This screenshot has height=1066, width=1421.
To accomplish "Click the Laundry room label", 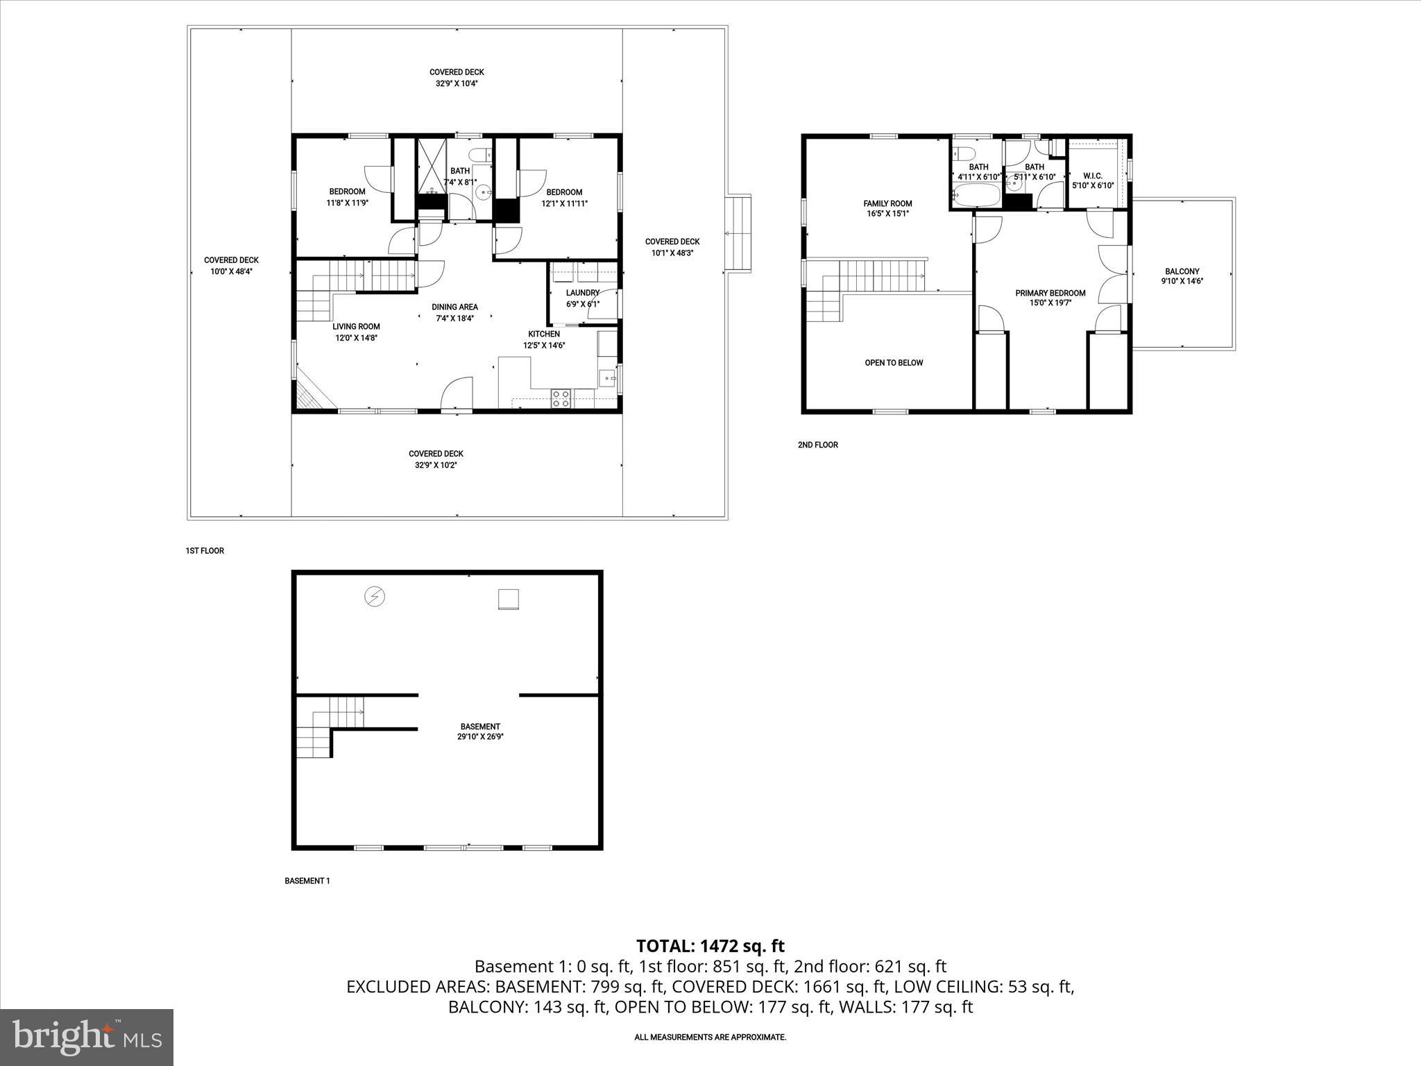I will click(582, 298).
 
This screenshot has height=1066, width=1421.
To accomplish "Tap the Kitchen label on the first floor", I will click(544, 339).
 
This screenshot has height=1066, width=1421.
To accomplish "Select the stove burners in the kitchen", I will click(561, 398).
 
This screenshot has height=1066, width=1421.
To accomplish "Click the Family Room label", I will click(887, 208).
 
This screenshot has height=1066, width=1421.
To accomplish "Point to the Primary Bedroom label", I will click(1050, 298).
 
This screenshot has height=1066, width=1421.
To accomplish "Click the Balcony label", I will click(1182, 276).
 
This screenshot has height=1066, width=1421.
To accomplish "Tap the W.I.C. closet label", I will click(1093, 180).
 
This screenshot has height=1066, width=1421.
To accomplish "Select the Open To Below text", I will click(894, 362).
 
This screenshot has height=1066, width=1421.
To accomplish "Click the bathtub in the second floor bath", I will click(976, 197).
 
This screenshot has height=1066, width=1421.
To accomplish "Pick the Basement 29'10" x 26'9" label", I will click(479, 731).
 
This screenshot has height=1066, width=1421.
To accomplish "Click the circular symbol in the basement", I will click(375, 597).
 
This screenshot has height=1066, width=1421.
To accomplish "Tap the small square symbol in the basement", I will click(509, 599).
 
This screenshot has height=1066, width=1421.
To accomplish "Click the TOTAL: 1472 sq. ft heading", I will click(710, 946).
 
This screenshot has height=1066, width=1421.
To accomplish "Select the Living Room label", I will click(356, 332).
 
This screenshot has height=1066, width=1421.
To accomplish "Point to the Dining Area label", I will click(454, 312).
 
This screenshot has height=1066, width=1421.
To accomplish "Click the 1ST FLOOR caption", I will click(205, 551).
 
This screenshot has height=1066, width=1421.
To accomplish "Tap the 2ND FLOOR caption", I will click(817, 445).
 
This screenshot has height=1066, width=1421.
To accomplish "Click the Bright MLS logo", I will click(87, 1037).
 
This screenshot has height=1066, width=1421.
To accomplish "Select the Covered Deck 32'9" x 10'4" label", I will click(456, 77).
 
